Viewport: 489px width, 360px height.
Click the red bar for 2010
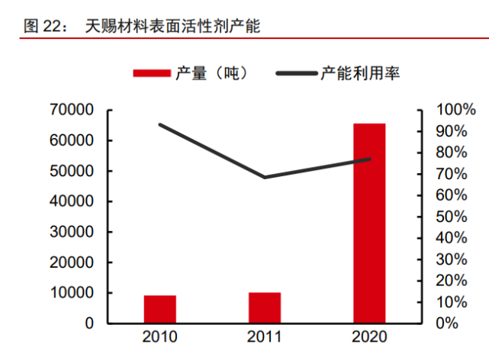click(160, 309)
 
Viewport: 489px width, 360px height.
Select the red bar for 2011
click(265, 307)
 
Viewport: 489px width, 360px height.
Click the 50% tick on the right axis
click(451, 217)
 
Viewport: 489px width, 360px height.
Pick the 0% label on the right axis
click(447, 323)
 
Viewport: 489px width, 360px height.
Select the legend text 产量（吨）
click(211, 73)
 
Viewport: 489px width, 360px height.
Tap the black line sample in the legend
click(295, 73)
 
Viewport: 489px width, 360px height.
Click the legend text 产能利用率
click(360, 73)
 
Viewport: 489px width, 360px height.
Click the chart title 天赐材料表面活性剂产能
click(172, 27)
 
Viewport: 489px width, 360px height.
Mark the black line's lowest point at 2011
click(265, 177)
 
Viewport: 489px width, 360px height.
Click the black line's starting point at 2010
click(160, 124)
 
